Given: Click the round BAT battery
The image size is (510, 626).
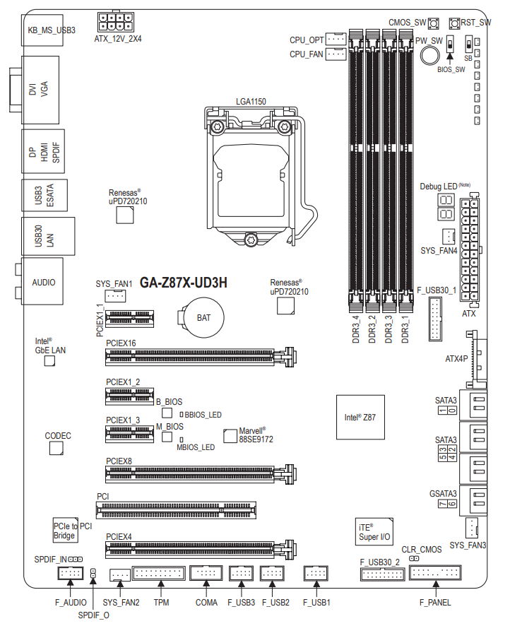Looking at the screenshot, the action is coord(203,318).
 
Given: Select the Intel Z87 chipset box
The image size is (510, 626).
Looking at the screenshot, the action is coord(360,417).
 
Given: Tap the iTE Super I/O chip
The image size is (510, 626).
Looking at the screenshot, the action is coord(374,532).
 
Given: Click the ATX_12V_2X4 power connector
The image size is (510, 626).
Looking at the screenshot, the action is coord(116,22).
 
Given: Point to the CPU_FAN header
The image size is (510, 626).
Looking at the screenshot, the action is coord(336,54).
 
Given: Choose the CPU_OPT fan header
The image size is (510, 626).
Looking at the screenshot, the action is coord(336,39).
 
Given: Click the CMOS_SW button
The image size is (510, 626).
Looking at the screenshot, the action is coord(434,23).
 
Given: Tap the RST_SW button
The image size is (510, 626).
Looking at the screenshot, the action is coord(454,23).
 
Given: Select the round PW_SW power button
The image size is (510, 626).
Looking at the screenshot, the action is coord(429,56).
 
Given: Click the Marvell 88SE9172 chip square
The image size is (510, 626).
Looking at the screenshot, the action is coord(230,436).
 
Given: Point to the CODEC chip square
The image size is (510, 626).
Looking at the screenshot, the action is coord(57,449).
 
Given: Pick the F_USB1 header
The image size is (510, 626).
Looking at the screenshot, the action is coord(316,573).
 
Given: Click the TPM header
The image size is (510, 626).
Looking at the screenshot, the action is coord(159,573).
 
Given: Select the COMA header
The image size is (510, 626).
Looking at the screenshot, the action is coord(206,573).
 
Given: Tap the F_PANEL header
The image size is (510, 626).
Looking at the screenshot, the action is coord(435,572).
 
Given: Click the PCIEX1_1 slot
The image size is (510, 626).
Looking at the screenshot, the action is coord(130,319).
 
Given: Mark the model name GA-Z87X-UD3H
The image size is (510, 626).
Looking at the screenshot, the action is coord(184,283).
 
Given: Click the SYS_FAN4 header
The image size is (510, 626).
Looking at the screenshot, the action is coord(449,237).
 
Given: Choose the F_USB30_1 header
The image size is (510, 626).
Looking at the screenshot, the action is coord(435,319).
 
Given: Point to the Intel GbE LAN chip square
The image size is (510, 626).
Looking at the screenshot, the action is coord(49,361).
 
